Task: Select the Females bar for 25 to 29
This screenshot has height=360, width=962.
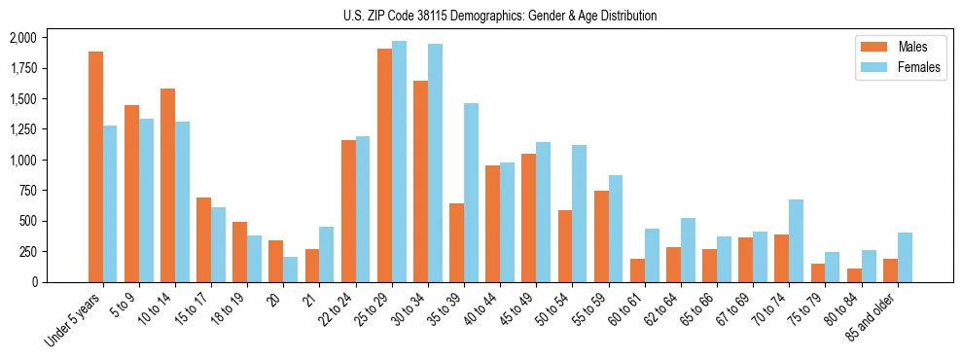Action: pos(399,162)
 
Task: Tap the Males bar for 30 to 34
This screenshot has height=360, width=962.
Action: pos(420,181)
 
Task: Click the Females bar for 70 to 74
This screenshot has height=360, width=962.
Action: pos(796,240)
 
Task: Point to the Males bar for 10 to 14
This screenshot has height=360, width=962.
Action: pos(167,185)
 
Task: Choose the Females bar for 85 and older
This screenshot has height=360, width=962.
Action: pos(905,257)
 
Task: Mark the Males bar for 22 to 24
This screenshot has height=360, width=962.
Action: pos(348,211)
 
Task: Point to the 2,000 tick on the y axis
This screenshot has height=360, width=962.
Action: pos(22,37)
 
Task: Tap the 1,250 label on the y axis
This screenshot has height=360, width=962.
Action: pos(22,129)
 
